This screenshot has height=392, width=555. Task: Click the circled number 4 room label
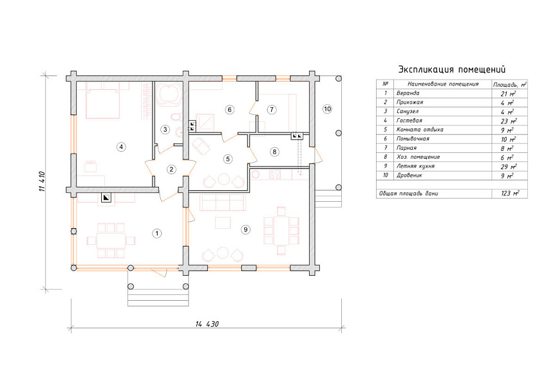122,147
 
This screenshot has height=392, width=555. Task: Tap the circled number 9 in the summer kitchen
246,230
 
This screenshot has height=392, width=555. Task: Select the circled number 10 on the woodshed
328,109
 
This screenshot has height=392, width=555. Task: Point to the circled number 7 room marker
272,109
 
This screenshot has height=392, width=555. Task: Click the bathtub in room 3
169,94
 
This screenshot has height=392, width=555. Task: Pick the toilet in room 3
176,117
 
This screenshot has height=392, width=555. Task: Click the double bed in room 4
102,103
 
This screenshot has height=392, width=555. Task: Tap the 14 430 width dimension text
207,324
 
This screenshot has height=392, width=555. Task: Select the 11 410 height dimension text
42,181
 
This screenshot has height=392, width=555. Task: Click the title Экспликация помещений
452,69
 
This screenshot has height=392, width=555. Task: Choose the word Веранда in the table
408,93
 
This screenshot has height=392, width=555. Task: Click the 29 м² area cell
509,166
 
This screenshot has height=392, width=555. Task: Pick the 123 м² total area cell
510,193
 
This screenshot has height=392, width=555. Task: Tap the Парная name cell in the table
406,148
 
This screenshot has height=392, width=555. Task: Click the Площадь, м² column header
510,84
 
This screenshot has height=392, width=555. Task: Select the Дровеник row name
409,175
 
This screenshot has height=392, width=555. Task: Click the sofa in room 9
223,202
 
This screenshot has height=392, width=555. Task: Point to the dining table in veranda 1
111,241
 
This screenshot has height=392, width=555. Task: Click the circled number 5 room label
228,159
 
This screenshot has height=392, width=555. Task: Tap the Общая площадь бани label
408,193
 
